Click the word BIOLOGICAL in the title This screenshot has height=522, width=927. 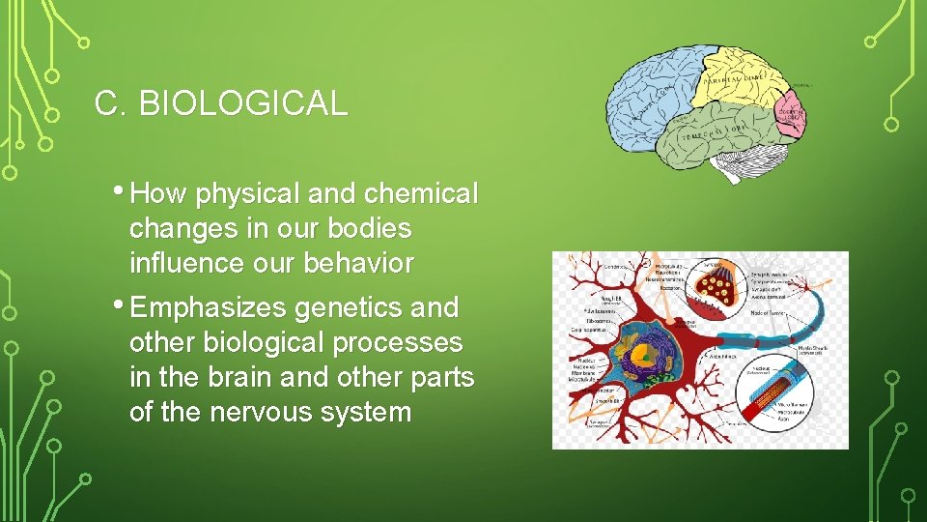click(x=242, y=103)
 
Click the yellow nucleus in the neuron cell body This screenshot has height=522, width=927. click(x=637, y=357)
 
